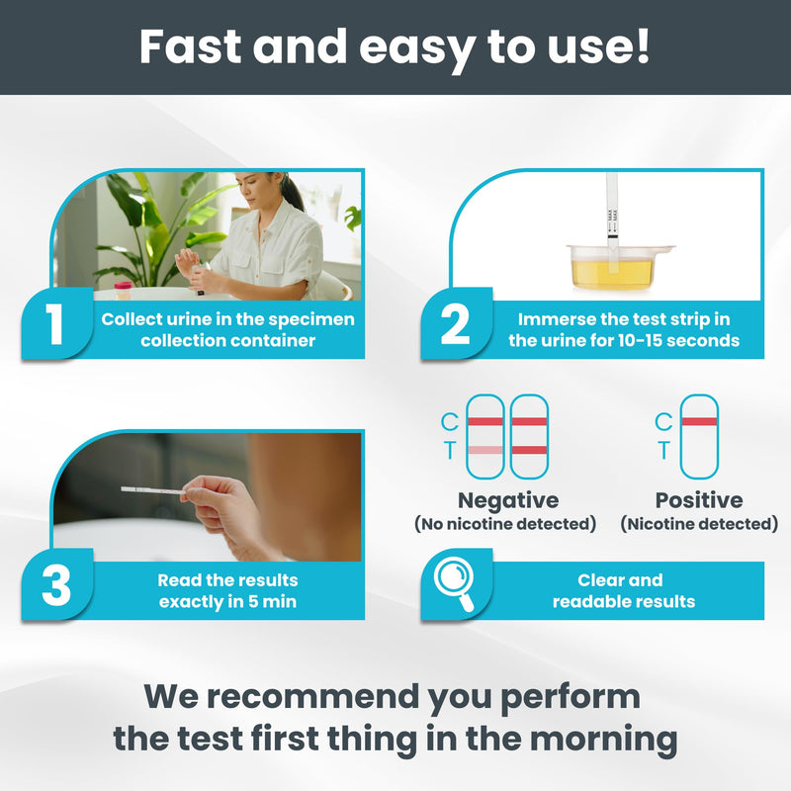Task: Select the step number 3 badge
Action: (x=56, y=585)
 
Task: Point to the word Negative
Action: (x=507, y=500)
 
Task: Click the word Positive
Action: (x=699, y=500)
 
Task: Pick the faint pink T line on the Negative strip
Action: (x=484, y=451)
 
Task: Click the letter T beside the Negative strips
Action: (x=449, y=451)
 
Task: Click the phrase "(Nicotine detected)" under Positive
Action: (x=699, y=524)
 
